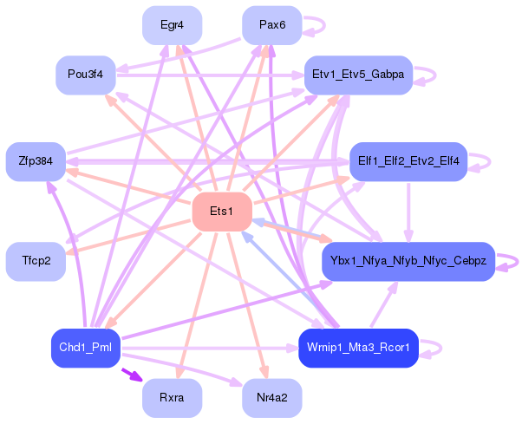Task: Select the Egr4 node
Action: pos(173,24)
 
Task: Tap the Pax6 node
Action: pos(272,24)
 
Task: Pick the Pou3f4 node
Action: pos(85,75)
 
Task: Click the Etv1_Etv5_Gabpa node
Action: pos(357,75)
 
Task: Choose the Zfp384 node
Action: pos(36,161)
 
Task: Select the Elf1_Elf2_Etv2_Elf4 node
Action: pos(408,161)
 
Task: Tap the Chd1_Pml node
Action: pos(85,348)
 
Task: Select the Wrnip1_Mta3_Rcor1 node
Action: pos(358,348)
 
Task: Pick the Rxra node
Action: pos(173,398)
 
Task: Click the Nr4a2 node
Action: pos(272,398)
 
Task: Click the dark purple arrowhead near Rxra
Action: pos(133,376)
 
